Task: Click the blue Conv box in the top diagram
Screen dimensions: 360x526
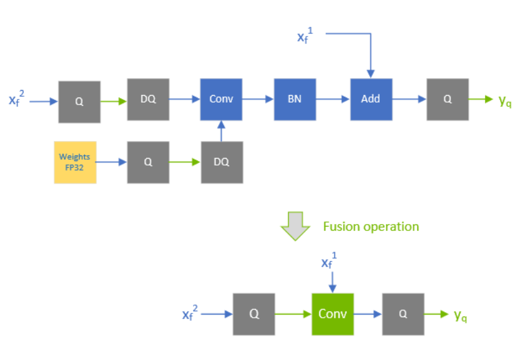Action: [221, 99]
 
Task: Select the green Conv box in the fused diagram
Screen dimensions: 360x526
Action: [332, 313]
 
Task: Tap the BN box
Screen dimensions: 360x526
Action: [294, 99]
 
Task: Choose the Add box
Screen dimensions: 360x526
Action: [371, 99]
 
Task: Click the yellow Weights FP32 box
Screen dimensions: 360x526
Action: [75, 162]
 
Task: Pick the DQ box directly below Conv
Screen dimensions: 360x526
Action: [221, 162]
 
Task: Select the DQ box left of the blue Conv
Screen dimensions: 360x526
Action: [148, 99]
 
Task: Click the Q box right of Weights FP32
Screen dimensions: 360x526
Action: [148, 162]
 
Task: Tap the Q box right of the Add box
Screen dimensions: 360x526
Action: [447, 99]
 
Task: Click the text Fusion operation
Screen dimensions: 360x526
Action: [371, 227]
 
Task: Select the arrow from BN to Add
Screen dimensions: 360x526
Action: [333, 99]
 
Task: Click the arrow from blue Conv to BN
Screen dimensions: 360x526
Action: [258, 99]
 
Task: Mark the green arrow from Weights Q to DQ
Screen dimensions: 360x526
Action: [185, 162]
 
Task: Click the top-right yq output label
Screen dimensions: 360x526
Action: [505, 101]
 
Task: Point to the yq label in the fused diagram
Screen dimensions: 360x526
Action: [461, 315]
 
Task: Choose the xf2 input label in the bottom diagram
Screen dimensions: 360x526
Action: [191, 313]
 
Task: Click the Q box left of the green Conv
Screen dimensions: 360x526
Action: [254, 314]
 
